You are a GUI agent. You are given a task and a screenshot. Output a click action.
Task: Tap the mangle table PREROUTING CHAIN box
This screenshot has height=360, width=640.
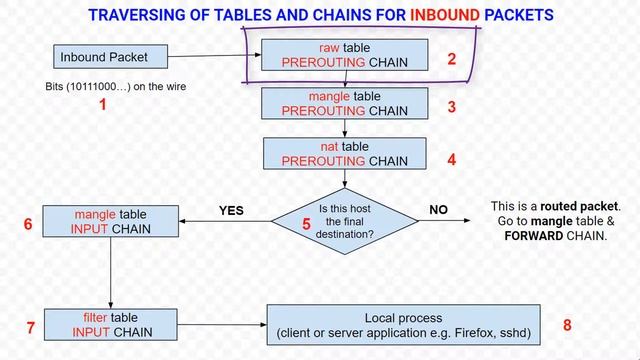pos(345,104)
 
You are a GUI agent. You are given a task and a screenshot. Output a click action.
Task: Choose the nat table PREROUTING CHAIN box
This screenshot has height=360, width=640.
pos(345,152)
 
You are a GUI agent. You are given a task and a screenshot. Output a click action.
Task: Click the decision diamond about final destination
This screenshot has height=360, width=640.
pos(345,218)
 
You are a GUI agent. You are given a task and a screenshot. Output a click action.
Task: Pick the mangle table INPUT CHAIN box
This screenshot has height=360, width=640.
pos(111,222)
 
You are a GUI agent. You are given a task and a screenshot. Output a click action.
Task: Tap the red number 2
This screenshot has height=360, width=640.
pos(452,59)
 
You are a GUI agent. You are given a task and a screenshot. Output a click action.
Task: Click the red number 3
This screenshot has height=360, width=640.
pos(452,106)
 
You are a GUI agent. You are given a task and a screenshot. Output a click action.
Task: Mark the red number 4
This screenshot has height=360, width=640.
pos(452,158)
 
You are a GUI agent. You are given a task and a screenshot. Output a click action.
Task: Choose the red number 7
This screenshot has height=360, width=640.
pos(30,327)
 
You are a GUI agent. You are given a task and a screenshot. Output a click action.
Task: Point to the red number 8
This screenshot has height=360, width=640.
pos(568,325)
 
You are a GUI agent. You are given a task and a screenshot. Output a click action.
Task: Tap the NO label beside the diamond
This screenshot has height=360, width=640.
pos(438,210)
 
